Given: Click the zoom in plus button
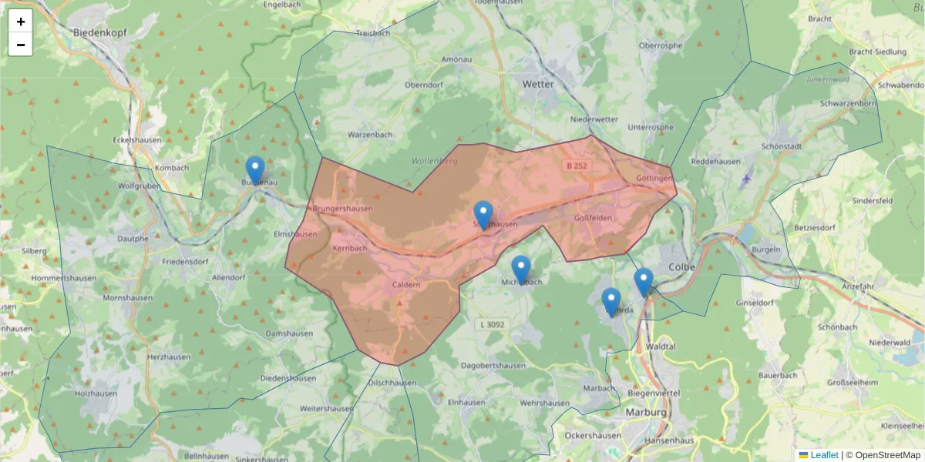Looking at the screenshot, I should click(21, 22).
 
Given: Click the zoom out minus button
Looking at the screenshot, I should click(21, 45).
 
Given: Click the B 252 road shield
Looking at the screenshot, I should click(577, 166).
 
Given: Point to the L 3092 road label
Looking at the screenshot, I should click(491, 324).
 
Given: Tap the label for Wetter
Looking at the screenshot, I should click(538, 84).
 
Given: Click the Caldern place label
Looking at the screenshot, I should click(406, 285).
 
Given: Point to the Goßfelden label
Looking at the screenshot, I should click(593, 218).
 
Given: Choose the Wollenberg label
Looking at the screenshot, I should click(435, 161).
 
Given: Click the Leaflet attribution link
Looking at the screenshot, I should click(823, 455).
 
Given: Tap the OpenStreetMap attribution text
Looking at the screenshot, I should click(887, 455).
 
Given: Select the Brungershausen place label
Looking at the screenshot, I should click(343, 209).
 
